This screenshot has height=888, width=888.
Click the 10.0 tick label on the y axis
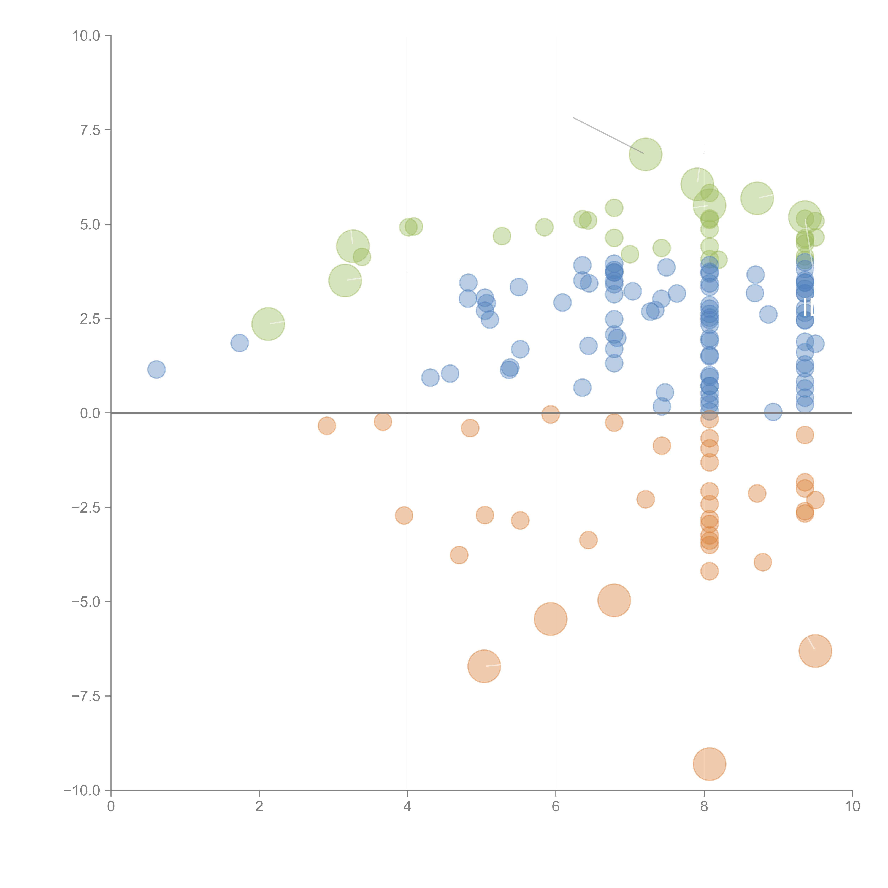click(x=86, y=36)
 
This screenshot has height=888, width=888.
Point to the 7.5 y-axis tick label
click(x=90, y=130)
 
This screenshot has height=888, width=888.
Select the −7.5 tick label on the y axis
click(x=86, y=696)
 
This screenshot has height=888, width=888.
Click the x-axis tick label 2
click(x=259, y=807)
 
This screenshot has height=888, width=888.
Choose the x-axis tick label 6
click(x=556, y=807)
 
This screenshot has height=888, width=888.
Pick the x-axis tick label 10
click(x=852, y=807)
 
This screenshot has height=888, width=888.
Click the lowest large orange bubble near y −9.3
click(x=709, y=764)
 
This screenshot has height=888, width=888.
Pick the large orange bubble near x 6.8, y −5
click(x=614, y=600)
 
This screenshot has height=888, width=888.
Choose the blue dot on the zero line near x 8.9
click(x=773, y=412)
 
